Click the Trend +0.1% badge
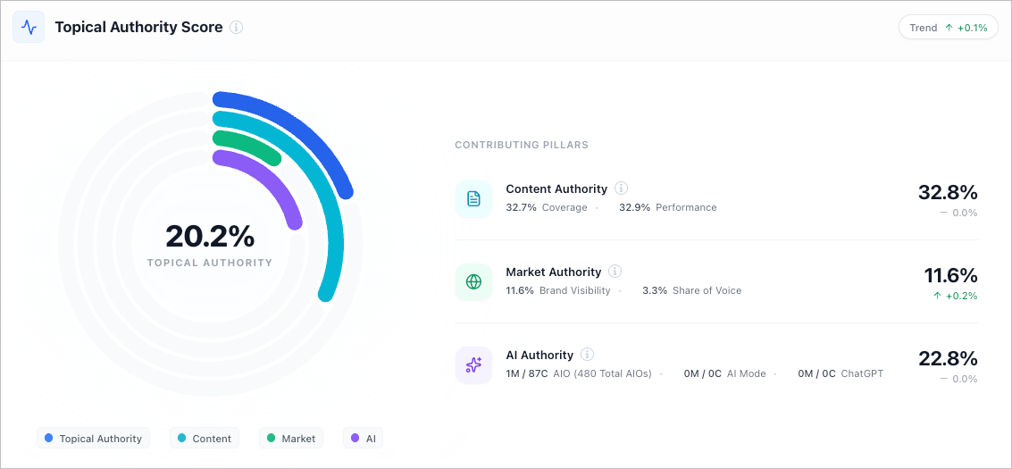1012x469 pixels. click(x=948, y=28)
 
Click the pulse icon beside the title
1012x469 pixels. click(x=29, y=27)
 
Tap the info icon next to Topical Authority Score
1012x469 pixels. click(x=237, y=27)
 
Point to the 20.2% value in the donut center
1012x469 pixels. click(x=210, y=237)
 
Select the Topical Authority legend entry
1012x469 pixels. click(x=93, y=439)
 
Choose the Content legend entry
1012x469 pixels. click(x=205, y=439)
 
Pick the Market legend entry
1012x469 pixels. click(x=290, y=439)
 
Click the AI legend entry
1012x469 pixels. click(x=363, y=439)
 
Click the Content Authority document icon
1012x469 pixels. click(x=473, y=198)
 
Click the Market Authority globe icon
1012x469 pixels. click(x=473, y=281)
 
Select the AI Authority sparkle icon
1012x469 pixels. click(x=473, y=364)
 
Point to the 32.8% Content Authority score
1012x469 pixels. click(x=948, y=192)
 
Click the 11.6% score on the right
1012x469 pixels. click(x=950, y=275)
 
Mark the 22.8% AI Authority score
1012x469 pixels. click(x=948, y=358)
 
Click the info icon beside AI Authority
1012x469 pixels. click(x=588, y=355)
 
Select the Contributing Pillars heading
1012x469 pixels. click(x=522, y=145)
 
